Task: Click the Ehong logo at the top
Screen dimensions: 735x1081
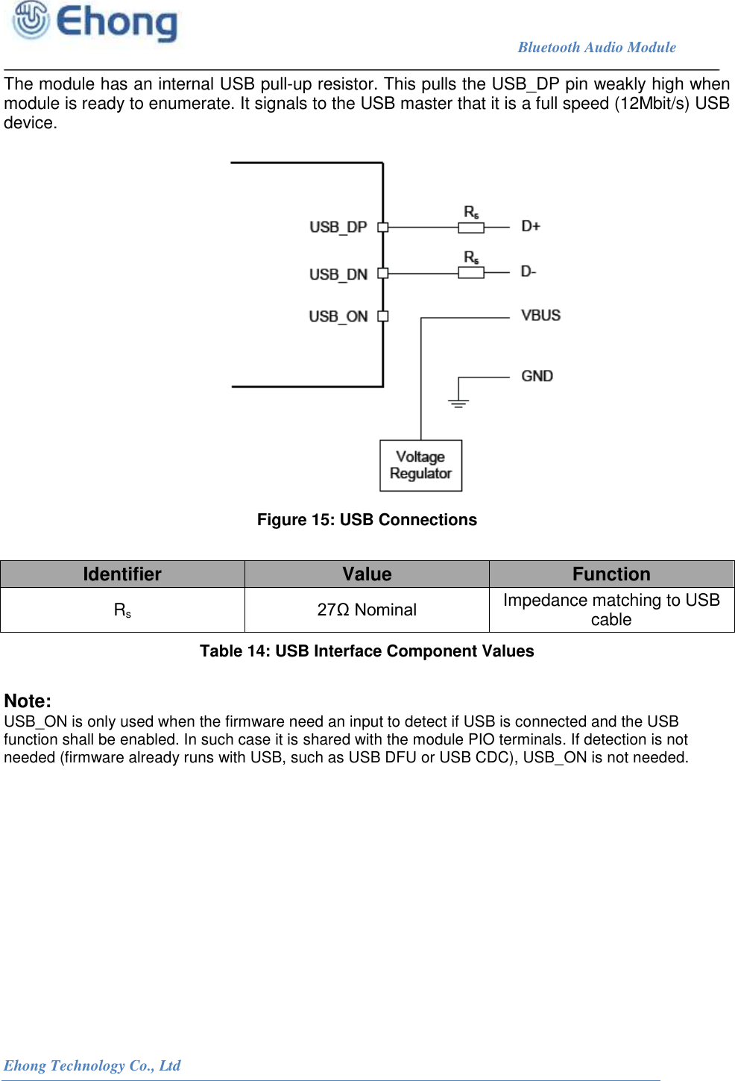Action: (x=95, y=22)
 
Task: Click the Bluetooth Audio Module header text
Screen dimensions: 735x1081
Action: (x=596, y=47)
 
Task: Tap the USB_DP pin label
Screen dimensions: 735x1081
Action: (x=338, y=227)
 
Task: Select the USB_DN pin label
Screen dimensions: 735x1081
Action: (x=338, y=275)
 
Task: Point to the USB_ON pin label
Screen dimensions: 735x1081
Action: (x=338, y=316)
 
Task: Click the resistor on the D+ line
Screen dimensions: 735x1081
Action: (x=471, y=228)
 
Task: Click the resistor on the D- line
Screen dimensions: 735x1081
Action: (x=471, y=273)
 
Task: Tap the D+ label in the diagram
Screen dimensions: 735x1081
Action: (x=531, y=226)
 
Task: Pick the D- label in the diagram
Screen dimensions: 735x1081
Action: (x=529, y=272)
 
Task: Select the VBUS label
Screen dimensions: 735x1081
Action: (x=540, y=316)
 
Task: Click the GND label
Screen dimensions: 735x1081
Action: (x=537, y=376)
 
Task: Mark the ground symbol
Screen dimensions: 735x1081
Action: (x=458, y=403)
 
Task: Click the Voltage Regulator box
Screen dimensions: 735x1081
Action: (x=420, y=466)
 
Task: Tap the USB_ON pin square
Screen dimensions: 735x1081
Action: (x=383, y=316)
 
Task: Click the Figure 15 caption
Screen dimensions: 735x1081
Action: (x=367, y=520)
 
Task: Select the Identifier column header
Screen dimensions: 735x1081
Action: (x=122, y=574)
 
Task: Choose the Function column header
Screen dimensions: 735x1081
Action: (x=611, y=574)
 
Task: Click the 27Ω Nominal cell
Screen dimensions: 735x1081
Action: (x=367, y=610)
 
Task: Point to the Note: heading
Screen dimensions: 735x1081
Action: (x=28, y=701)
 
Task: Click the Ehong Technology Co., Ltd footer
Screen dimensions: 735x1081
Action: (x=92, y=1065)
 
